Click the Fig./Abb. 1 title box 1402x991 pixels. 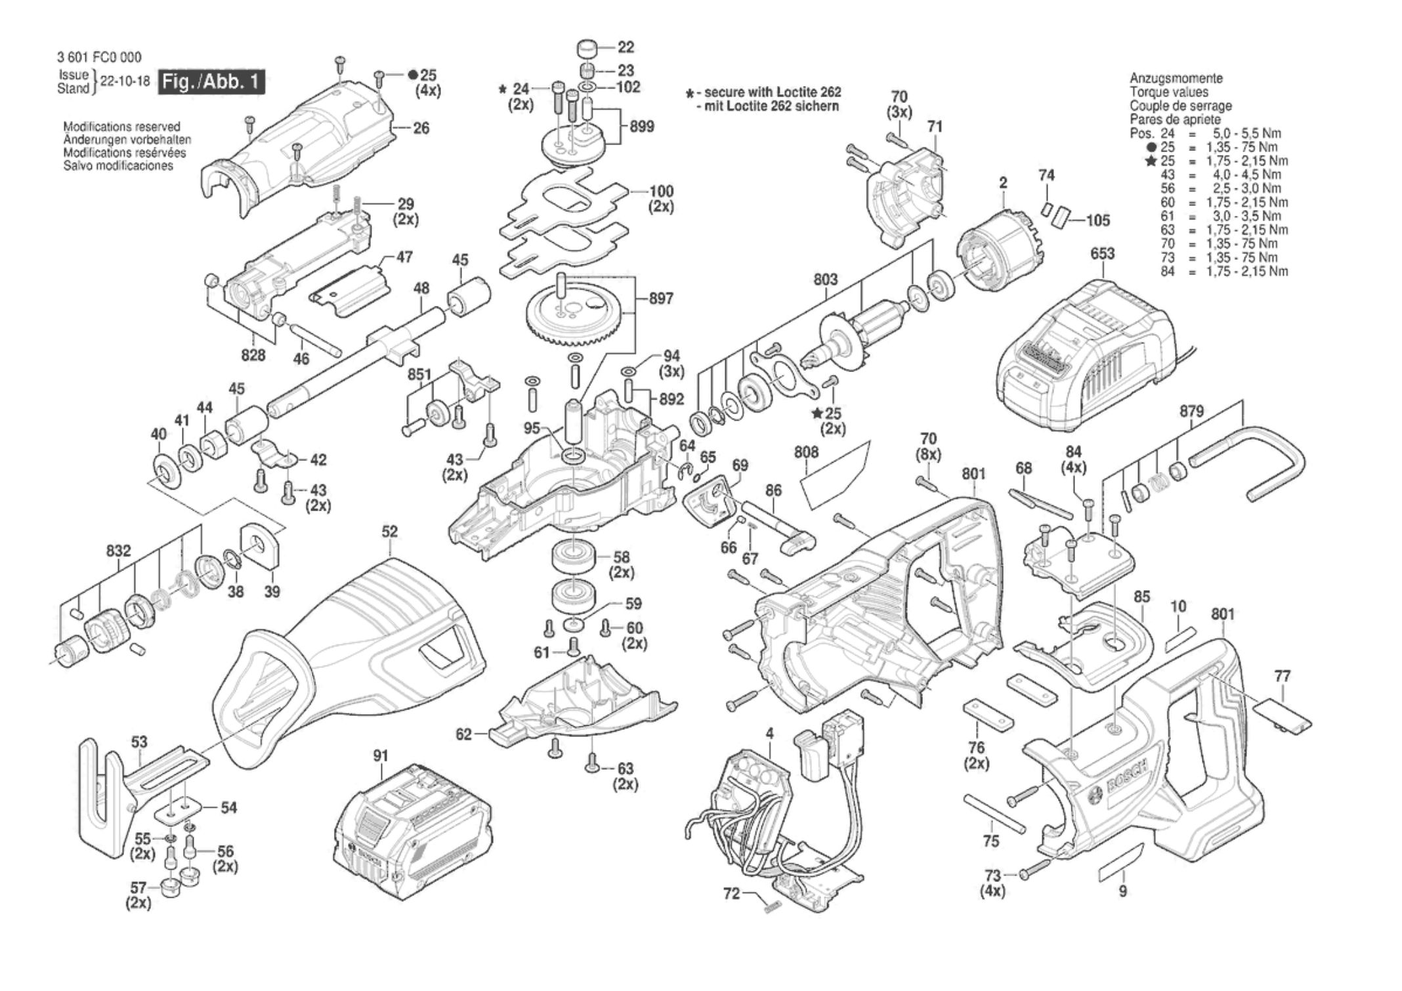[x=211, y=82]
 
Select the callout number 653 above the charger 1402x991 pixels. [x=1103, y=253]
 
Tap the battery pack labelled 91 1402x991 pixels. [x=413, y=832]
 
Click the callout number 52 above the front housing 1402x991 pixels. [x=390, y=532]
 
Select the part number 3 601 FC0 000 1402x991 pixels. [x=99, y=57]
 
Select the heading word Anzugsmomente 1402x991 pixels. [x=1176, y=78]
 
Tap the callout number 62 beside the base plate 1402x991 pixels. [x=464, y=734]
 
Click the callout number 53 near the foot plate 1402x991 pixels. [x=139, y=742]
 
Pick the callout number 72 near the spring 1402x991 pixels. [x=731, y=893]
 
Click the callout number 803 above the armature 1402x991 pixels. [x=825, y=280]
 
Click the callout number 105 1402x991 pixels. [x=1098, y=221]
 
